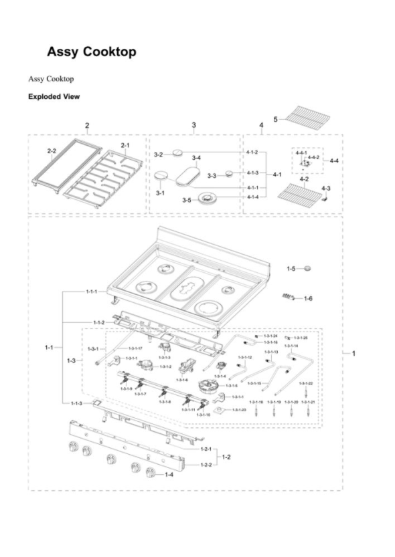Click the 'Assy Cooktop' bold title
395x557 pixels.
click(92, 51)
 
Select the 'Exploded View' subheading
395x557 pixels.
click(54, 97)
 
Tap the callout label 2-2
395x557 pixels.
click(52, 152)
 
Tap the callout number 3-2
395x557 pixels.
click(159, 154)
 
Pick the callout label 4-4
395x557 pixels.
click(333, 161)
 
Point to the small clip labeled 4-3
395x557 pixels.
click(324, 198)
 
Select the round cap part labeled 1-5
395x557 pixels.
click(308, 269)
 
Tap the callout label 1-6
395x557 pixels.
click(307, 298)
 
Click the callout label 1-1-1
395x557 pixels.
click(92, 292)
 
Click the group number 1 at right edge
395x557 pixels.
click(353, 352)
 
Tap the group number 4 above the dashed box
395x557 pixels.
click(261, 125)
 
